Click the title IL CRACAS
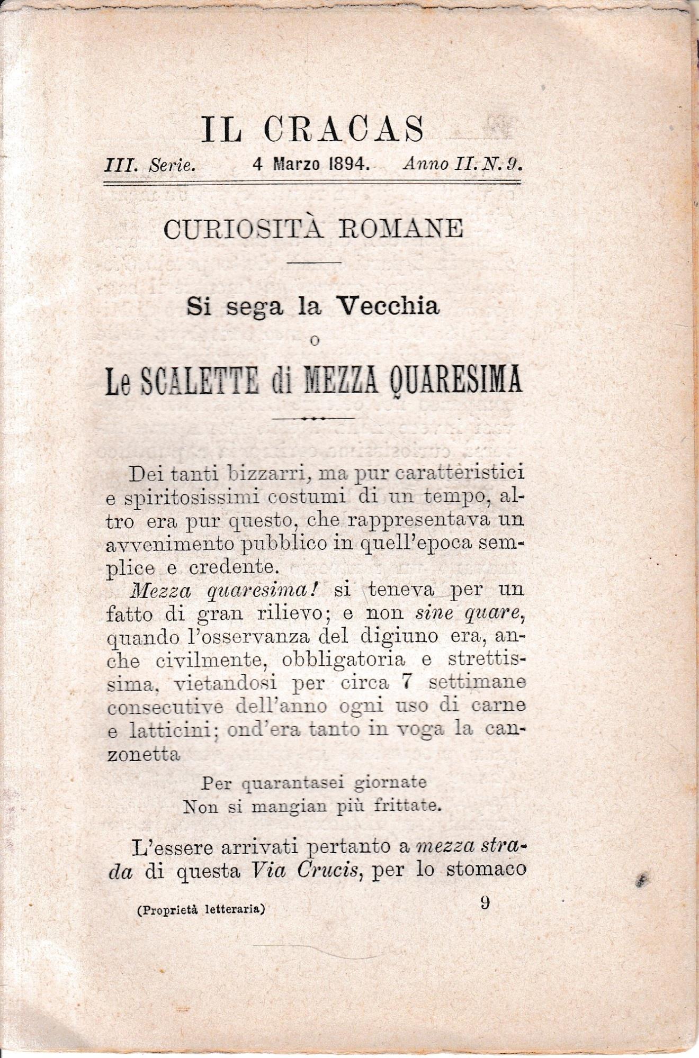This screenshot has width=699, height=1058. coord(312,129)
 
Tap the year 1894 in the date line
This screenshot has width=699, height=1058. coord(348,164)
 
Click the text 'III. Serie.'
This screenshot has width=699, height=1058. coord(150,165)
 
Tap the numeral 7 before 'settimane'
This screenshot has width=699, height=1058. coord(407,682)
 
